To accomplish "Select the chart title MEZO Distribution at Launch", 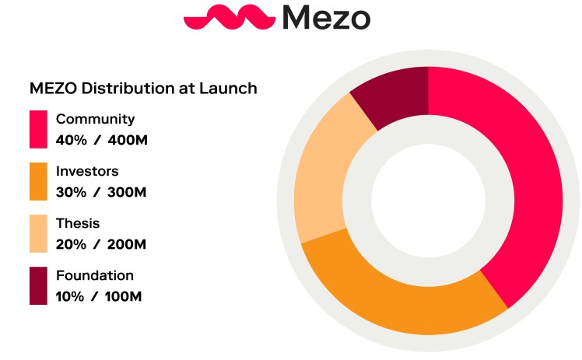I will tap(143, 88).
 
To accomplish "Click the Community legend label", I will tap(95, 119).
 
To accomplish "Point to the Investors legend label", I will tap(87, 171).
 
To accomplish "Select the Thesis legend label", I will tap(78, 223).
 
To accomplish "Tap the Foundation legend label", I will tap(95, 275).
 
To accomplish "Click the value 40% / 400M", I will tap(101, 140).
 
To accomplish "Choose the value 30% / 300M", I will tap(101, 192).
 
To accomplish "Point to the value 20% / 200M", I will tap(101, 244).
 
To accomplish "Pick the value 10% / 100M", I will tap(100, 296).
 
